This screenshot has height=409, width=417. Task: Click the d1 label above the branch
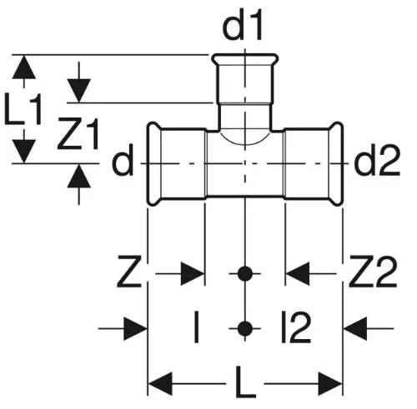click(243, 26)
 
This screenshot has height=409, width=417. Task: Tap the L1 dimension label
click(23, 109)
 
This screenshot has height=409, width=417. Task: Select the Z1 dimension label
click(78, 134)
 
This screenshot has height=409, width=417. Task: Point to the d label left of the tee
click(123, 161)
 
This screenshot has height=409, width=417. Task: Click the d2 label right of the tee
click(378, 161)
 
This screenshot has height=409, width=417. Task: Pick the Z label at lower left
click(129, 272)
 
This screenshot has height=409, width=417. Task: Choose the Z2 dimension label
click(373, 272)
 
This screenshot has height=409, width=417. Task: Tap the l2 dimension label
click(295, 327)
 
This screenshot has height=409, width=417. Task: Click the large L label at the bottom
click(245, 382)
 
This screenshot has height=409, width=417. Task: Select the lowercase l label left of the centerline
click(197, 327)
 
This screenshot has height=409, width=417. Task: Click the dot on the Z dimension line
click(245, 273)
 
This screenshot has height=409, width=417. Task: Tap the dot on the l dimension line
click(245, 328)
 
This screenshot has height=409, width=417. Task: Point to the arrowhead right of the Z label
click(193, 273)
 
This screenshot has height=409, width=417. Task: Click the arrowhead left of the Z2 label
click(298, 273)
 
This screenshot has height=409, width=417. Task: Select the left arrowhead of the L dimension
click(160, 384)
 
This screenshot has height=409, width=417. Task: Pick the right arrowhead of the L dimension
click(330, 384)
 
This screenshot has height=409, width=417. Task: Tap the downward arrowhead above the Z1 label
click(79, 91)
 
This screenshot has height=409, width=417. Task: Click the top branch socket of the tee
click(245, 78)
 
